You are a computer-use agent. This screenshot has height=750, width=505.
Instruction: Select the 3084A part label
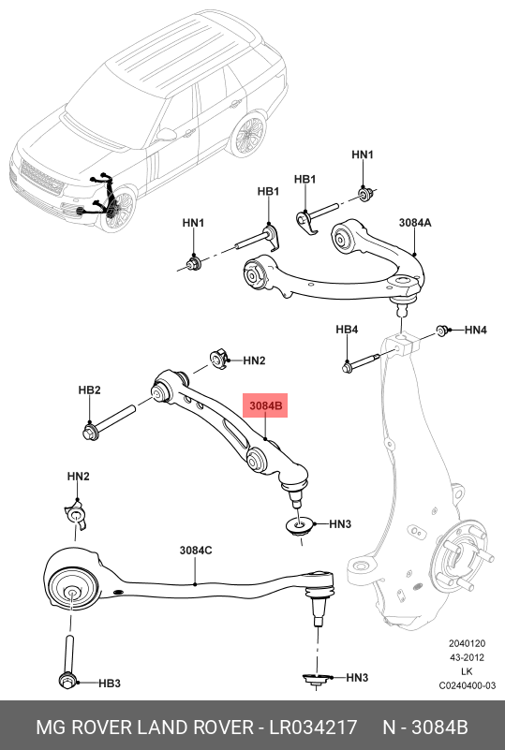[414, 223]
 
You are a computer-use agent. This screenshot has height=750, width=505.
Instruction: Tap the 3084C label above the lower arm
[196, 551]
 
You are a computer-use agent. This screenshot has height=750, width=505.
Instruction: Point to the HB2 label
[89, 390]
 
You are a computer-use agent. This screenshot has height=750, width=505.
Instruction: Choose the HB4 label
[348, 331]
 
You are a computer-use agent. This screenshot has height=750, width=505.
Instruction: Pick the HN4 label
[476, 331]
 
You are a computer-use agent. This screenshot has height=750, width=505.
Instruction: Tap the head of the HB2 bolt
[91, 432]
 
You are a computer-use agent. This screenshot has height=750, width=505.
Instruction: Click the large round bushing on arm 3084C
[71, 589]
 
